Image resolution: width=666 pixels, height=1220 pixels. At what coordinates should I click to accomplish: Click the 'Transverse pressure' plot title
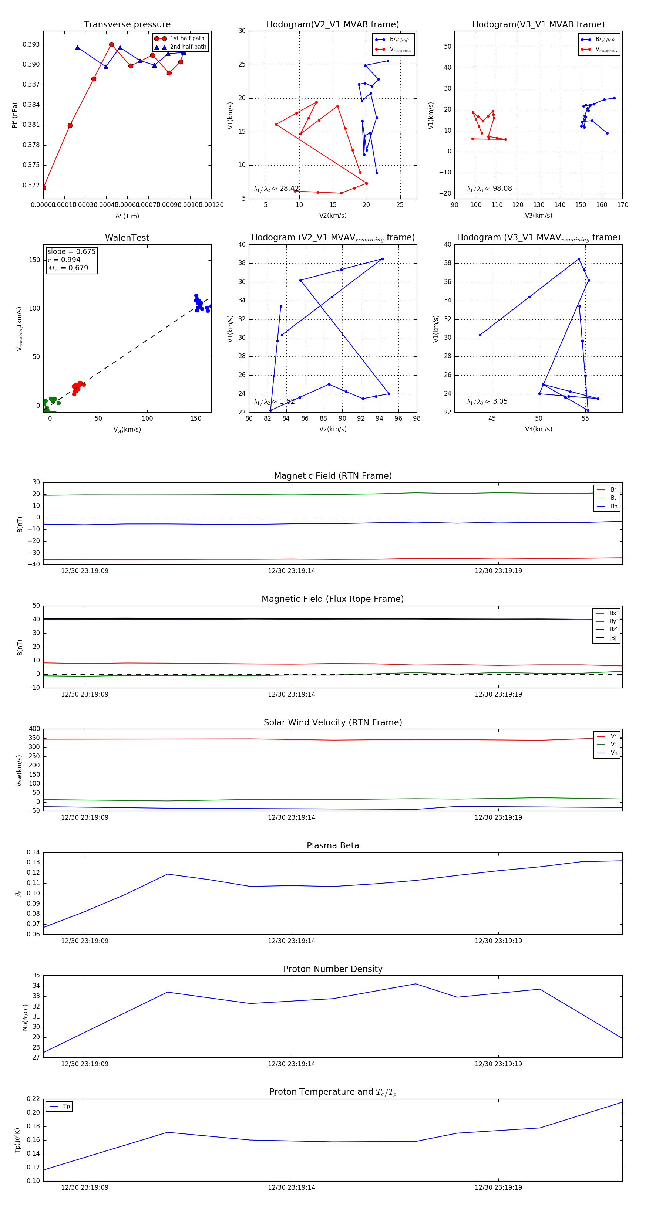(127, 25)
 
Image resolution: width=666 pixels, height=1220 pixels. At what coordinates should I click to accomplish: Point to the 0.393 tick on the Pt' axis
(31, 44)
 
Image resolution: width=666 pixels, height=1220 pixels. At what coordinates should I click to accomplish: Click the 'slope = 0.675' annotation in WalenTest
(71, 251)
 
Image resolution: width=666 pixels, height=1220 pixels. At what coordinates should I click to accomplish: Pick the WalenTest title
(127, 238)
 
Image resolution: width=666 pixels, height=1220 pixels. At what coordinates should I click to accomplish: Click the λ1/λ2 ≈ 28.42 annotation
(276, 189)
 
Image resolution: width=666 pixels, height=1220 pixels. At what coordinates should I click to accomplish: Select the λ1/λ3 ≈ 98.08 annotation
(489, 189)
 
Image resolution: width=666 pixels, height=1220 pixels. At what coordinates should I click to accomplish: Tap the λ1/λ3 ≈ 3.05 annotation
(487, 401)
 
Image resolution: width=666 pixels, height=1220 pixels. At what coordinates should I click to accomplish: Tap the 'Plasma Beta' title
(333, 846)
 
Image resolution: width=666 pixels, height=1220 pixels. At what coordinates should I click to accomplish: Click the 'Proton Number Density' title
(333, 969)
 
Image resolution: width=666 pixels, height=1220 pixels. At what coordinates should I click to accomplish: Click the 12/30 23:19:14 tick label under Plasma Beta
(292, 941)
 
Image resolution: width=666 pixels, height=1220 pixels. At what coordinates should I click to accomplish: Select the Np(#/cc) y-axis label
(25, 1017)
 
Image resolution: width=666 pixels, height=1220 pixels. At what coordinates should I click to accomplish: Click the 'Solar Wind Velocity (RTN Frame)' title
(333, 723)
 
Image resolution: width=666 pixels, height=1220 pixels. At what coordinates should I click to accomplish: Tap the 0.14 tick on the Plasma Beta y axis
(33, 853)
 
